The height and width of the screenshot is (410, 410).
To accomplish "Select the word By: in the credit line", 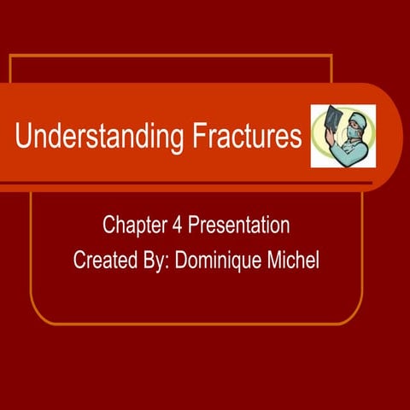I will click(155, 260).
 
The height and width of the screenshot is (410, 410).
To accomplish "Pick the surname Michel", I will click(292, 260).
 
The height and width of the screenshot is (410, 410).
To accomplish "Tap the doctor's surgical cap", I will click(353, 120).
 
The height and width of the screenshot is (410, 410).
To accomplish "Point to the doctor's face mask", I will click(349, 133).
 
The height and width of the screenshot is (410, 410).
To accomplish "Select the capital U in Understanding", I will click(23, 137).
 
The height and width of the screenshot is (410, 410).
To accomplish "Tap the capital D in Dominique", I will click(180, 260).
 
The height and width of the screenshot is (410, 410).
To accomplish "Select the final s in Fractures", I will click(296, 139).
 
